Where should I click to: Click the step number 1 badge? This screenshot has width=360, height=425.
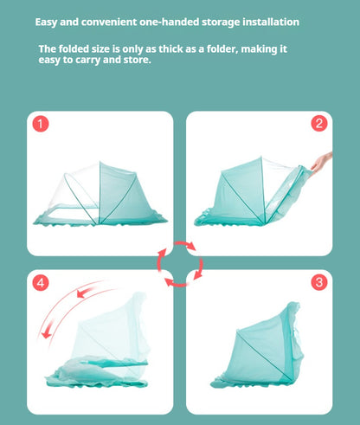point(40,125)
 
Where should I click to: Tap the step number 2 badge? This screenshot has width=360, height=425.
point(319,124)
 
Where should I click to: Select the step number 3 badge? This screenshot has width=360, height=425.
point(319,282)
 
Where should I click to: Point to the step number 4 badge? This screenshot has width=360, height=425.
point(40,283)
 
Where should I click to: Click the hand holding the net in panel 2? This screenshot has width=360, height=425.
point(321,160)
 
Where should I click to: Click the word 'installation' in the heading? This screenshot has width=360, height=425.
point(267,21)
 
